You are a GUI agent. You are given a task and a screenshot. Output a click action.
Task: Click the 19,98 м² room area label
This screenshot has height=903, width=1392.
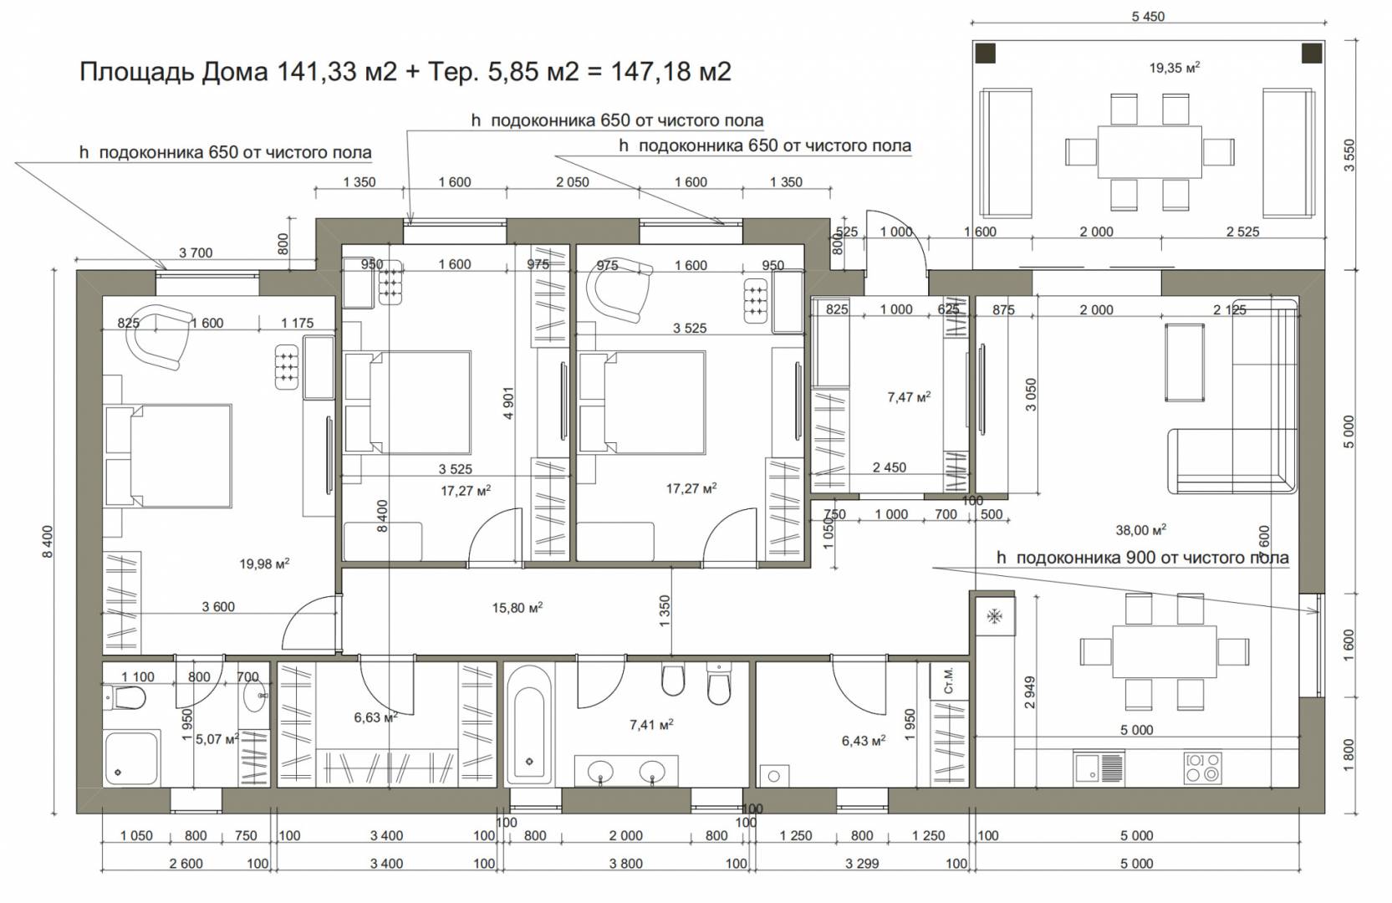[264, 564]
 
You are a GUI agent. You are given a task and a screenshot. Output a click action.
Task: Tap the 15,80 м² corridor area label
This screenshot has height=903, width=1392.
[517, 607]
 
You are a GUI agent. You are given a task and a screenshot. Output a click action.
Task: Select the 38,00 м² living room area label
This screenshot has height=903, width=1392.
[1141, 529]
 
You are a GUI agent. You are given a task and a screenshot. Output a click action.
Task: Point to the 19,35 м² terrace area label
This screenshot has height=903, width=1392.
[1175, 68]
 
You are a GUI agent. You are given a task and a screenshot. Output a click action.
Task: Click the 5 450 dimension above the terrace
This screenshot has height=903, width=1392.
[1148, 17]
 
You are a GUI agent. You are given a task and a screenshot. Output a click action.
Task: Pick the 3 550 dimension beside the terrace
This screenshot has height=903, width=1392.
[1349, 155]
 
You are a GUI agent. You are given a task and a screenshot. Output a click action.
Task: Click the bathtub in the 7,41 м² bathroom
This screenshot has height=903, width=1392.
[529, 725]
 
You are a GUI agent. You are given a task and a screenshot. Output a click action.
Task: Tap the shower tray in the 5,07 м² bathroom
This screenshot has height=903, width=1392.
[132, 758]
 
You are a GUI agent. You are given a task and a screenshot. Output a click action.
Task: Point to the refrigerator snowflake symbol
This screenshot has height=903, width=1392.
[995, 616]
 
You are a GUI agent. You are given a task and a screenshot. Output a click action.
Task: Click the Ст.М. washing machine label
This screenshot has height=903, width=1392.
[948, 681]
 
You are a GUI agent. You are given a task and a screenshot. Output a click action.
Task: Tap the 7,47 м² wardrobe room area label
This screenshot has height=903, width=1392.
[909, 396]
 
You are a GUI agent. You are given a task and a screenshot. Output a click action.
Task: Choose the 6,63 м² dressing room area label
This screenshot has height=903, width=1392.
[376, 717]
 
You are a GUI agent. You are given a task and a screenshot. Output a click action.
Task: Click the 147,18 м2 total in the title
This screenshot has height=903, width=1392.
[671, 72]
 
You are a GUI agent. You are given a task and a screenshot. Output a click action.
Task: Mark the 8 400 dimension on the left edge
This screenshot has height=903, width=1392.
[48, 542]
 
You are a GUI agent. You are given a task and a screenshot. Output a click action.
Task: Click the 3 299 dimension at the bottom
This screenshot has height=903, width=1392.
[862, 863]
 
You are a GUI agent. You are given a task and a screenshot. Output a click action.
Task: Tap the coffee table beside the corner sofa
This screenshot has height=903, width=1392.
[1185, 362]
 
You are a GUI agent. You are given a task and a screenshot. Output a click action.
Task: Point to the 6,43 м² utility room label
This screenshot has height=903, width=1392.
[863, 740]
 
